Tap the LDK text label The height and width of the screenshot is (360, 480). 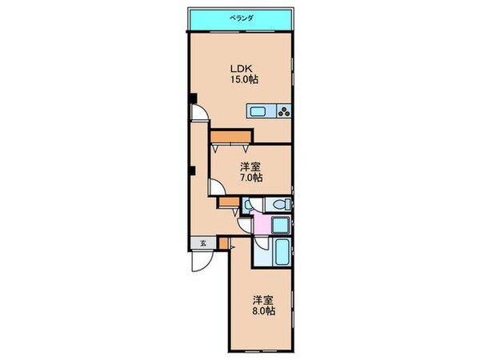pos(241,69)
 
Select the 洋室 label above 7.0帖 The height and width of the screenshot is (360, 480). pos(251,166)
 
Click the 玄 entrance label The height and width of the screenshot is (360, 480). pos(202,244)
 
